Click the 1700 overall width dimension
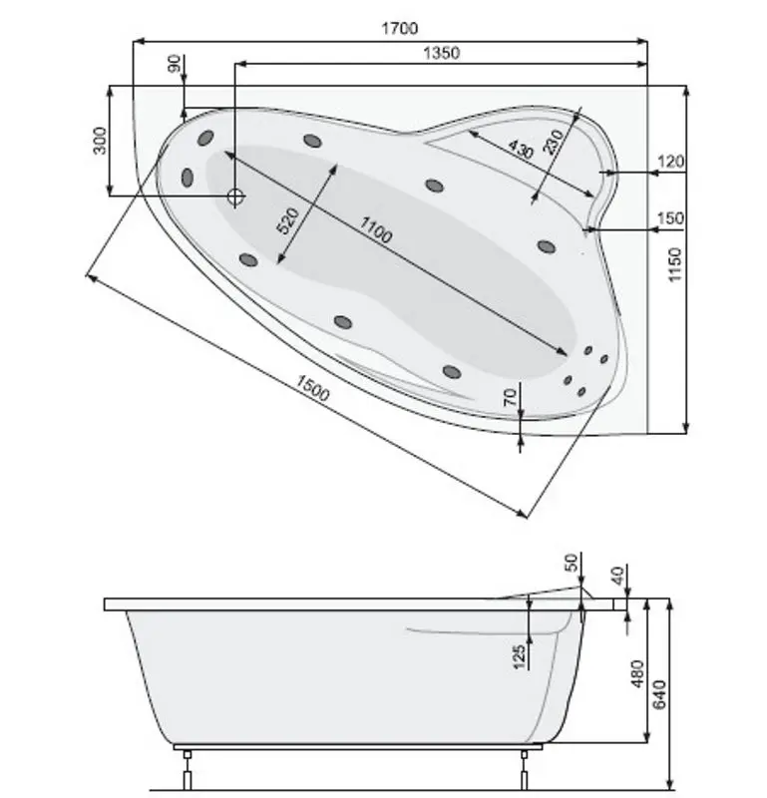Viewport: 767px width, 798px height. pyautogui.click(x=399, y=28)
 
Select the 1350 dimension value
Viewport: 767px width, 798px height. pyautogui.click(x=440, y=53)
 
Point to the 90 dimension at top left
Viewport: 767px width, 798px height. pyautogui.click(x=175, y=65)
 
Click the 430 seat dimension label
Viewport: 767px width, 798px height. pyautogui.click(x=520, y=151)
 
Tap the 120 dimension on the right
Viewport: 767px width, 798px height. pyautogui.click(x=671, y=162)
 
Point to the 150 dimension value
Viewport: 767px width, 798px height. pyautogui.click(x=671, y=218)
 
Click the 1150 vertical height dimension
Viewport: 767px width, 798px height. pyautogui.click(x=675, y=264)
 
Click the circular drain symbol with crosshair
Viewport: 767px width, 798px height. pyautogui.click(x=235, y=197)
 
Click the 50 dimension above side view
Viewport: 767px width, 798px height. pyautogui.click(x=572, y=563)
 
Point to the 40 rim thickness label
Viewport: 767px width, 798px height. pyautogui.click(x=617, y=576)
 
